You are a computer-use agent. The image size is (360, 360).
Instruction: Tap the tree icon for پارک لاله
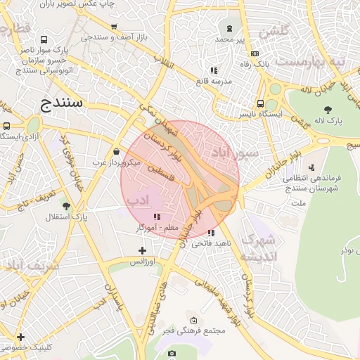(328, 109)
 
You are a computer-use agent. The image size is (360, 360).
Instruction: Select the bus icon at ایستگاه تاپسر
(261, 103)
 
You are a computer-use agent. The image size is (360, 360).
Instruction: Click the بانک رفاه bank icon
(254, 53)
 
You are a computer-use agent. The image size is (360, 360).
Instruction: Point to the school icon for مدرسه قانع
(214, 70)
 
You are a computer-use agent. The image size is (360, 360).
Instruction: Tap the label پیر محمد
(230, 39)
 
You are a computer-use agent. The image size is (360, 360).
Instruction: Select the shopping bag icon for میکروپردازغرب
(115, 151)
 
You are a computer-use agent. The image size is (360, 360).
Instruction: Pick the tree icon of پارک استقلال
(66, 206)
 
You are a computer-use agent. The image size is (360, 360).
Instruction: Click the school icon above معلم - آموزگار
(156, 217)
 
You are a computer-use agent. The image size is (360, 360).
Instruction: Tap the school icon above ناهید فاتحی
(211, 233)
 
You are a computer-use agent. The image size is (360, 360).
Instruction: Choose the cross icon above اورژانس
(142, 250)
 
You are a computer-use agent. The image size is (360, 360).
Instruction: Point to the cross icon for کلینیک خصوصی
(20, 337)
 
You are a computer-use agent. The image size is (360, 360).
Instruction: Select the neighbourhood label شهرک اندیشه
(258, 248)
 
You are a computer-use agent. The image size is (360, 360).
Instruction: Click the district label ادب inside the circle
(138, 200)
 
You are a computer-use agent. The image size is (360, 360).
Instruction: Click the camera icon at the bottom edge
(172, 353)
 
